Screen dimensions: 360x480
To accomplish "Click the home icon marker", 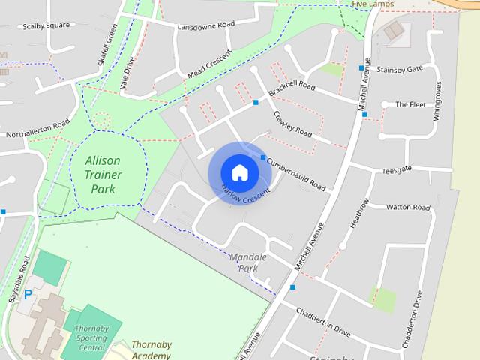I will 239,172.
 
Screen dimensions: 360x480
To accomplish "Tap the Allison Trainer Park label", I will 103,175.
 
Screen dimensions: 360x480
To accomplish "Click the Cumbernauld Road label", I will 296,174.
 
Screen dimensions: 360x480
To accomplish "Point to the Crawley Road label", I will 292,124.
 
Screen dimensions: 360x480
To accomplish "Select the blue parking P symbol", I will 28,295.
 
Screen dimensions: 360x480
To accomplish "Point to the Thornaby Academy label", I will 151,350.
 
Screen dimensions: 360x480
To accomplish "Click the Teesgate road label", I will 397,169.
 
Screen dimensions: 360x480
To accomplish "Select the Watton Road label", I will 408,207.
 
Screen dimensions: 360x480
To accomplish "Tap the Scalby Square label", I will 46,25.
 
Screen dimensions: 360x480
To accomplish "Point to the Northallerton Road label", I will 37,129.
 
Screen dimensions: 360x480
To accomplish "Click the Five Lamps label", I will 373,4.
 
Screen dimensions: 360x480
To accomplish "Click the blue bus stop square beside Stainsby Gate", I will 361,68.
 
